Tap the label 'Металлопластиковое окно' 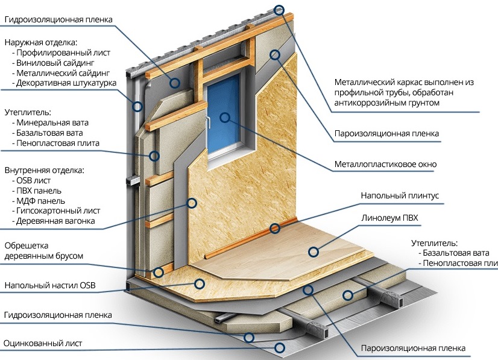(385, 164)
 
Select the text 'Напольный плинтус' (400, 196)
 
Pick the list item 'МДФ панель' (42, 201)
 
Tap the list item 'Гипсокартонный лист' (59, 211)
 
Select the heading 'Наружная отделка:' (41, 42)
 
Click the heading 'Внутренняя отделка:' (45, 170)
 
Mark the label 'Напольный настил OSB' (51, 285)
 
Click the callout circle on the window (225, 117)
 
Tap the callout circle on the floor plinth (274, 228)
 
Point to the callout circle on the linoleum (313, 251)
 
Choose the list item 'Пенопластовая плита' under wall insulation (58, 143)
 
